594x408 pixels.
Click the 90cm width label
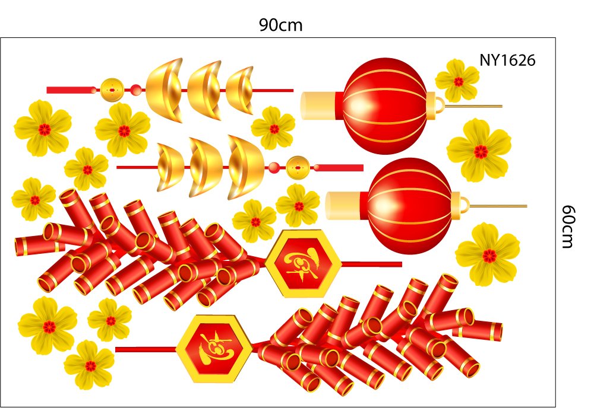(x=281, y=25)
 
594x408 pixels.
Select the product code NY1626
(x=508, y=60)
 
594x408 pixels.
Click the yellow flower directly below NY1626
(x=457, y=81)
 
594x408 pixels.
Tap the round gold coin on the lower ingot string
(x=297, y=167)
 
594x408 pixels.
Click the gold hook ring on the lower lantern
(x=462, y=205)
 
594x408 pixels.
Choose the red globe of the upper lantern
(x=385, y=105)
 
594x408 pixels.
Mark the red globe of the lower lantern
(x=409, y=205)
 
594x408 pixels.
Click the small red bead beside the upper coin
(x=136, y=90)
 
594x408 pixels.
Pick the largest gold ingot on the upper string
(x=164, y=90)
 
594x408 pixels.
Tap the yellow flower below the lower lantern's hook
(x=488, y=255)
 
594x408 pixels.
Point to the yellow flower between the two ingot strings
(x=273, y=128)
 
